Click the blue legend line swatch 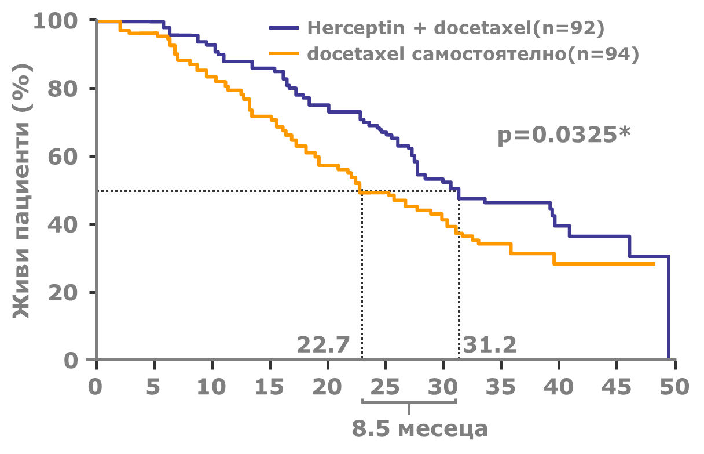(283, 28)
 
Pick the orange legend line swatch (283, 54)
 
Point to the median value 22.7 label (323, 346)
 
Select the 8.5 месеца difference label (420, 430)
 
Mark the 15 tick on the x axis (270, 386)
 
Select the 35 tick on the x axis (501, 386)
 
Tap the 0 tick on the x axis (96, 386)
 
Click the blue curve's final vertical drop (669, 307)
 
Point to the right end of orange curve (654, 264)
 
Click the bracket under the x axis (409, 403)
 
